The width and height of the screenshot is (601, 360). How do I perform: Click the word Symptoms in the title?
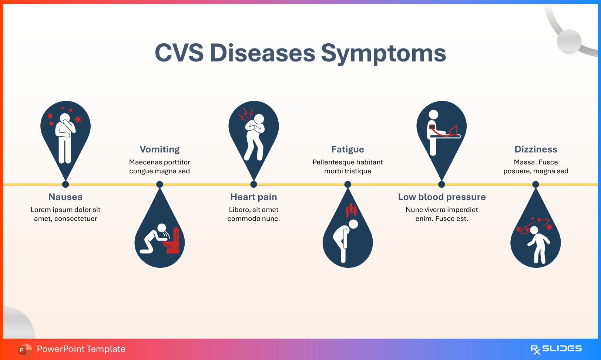coord(383,53)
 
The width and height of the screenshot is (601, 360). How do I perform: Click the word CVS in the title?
coord(179,53)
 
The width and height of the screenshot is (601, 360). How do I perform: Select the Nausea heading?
coord(66,197)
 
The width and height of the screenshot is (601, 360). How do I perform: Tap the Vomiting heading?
coord(160,149)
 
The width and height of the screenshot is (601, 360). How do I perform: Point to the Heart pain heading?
coord(254,197)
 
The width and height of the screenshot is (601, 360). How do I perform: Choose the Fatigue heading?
coord(347,149)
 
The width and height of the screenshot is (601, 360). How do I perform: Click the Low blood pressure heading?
coord(441,197)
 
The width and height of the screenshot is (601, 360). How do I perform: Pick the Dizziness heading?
coord(535,149)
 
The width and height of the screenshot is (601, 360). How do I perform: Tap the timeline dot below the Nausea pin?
coord(66,184)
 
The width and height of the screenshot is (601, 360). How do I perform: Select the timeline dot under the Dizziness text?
coord(535,184)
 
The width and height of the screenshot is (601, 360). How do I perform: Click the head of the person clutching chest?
coord(259,119)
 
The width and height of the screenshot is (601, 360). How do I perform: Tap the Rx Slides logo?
coord(556,349)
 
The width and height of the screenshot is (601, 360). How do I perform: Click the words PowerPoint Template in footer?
coord(81,349)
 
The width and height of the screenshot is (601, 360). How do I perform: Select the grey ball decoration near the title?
coord(569,41)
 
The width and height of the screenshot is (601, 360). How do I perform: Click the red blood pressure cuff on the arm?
coord(432,127)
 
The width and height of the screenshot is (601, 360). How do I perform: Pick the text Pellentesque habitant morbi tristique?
coord(347,167)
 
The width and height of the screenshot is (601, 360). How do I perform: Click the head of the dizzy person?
coord(534,230)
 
